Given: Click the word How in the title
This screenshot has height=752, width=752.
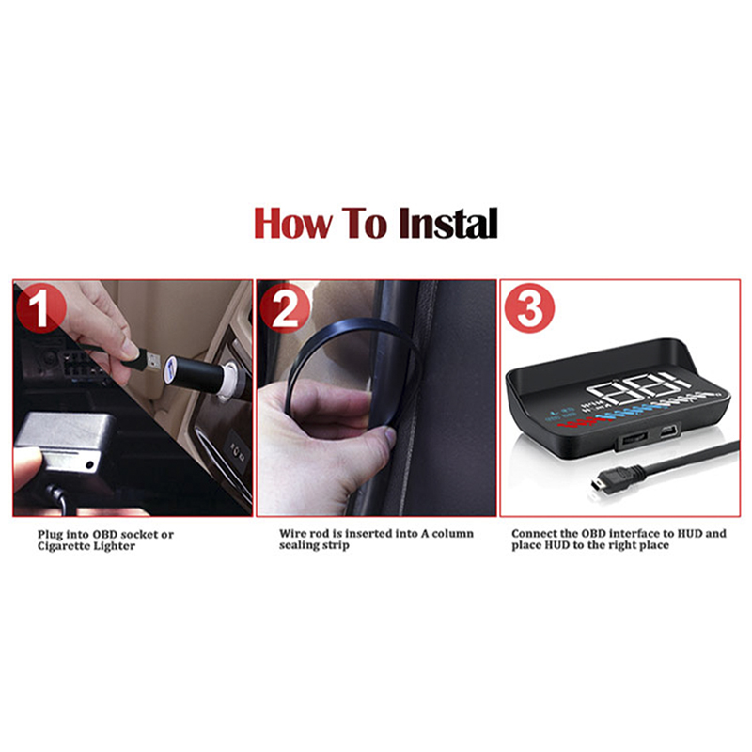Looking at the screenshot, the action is (x=293, y=223).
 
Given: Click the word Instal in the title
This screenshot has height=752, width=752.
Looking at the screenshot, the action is (x=448, y=223).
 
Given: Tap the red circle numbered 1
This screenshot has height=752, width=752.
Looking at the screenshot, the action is (x=40, y=307).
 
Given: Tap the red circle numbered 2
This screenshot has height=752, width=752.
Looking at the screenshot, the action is (x=285, y=308).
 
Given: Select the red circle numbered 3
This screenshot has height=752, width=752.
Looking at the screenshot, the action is (x=529, y=308).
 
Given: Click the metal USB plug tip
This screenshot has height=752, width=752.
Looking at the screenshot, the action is (x=152, y=362).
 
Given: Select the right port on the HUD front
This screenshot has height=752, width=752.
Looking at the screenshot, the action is (x=668, y=433).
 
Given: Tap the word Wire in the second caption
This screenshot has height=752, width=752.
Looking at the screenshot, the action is (x=292, y=533).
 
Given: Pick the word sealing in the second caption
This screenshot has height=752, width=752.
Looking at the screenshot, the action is (x=298, y=546).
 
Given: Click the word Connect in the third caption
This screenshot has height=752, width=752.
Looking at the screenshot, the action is (x=531, y=533).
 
